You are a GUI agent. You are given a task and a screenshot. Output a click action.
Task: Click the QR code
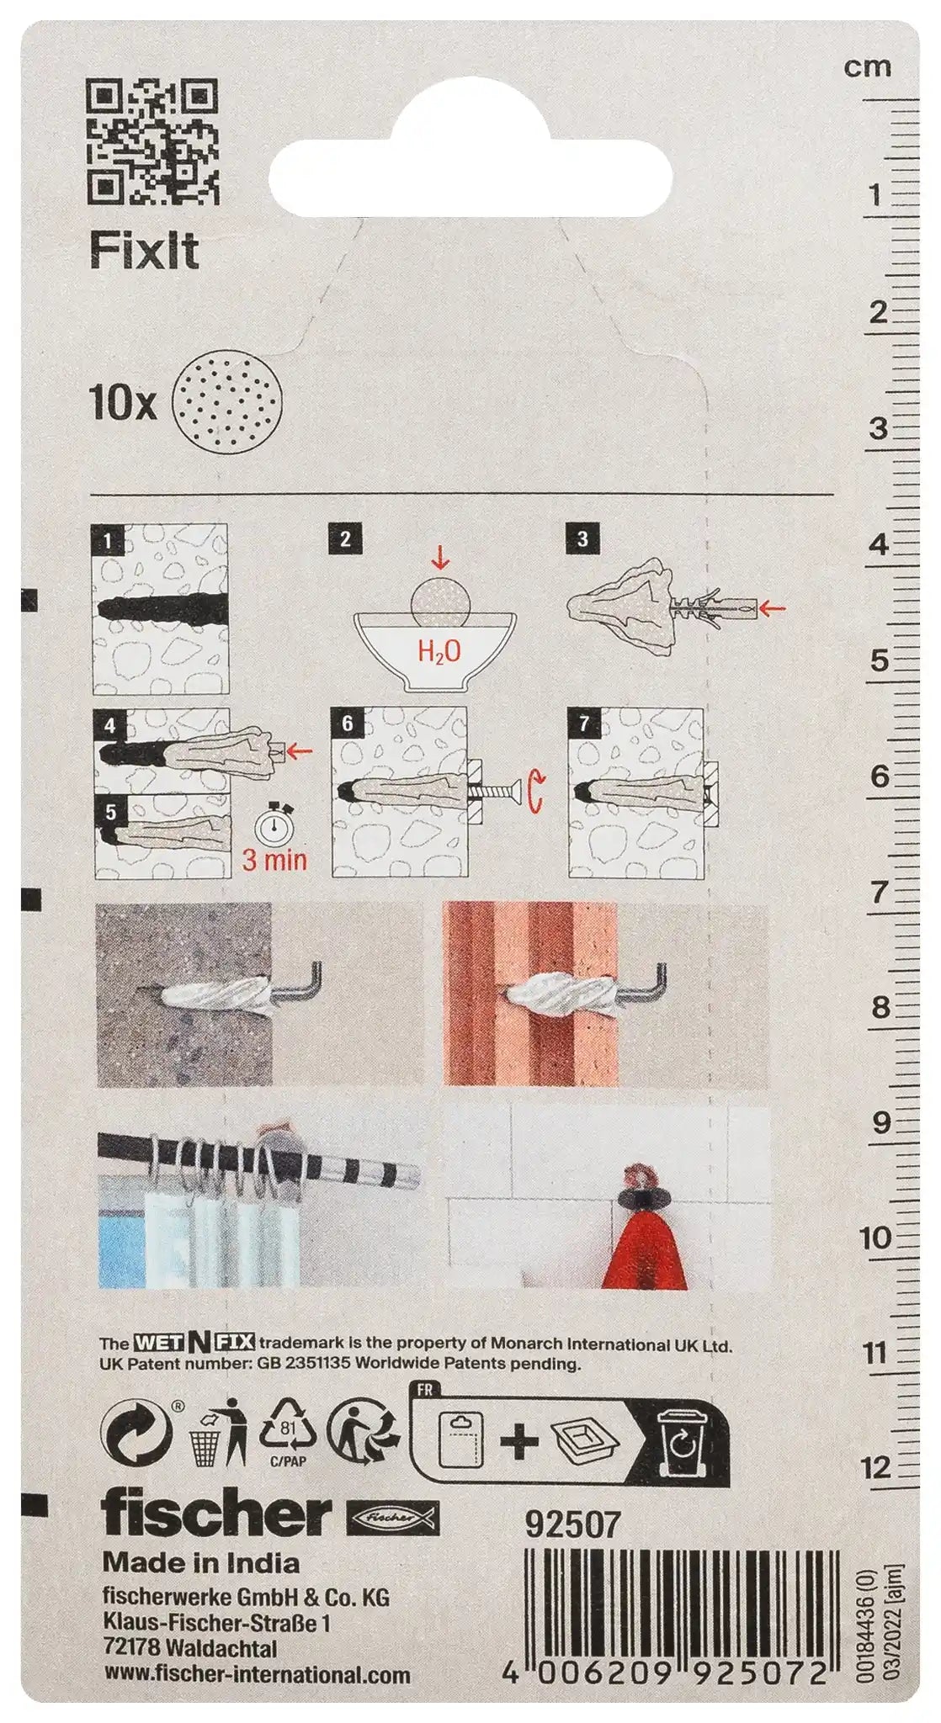(x=152, y=140)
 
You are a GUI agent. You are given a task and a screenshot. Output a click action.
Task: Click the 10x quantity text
(x=123, y=403)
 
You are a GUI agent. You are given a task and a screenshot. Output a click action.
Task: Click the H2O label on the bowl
(x=439, y=651)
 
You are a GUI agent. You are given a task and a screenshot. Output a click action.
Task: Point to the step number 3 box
(x=582, y=539)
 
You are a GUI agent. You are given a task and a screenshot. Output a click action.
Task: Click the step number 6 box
(x=348, y=724)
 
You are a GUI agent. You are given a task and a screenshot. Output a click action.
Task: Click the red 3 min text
(x=274, y=860)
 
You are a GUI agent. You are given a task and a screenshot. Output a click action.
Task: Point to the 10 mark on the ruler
(x=875, y=1238)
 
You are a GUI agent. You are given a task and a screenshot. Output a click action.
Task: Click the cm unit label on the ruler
(x=867, y=67)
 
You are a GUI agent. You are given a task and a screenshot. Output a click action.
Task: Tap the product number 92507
(x=572, y=1524)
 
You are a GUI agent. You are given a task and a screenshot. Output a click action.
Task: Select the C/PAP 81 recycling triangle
(x=287, y=1433)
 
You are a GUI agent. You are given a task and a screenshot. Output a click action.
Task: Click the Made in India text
(x=201, y=1563)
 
